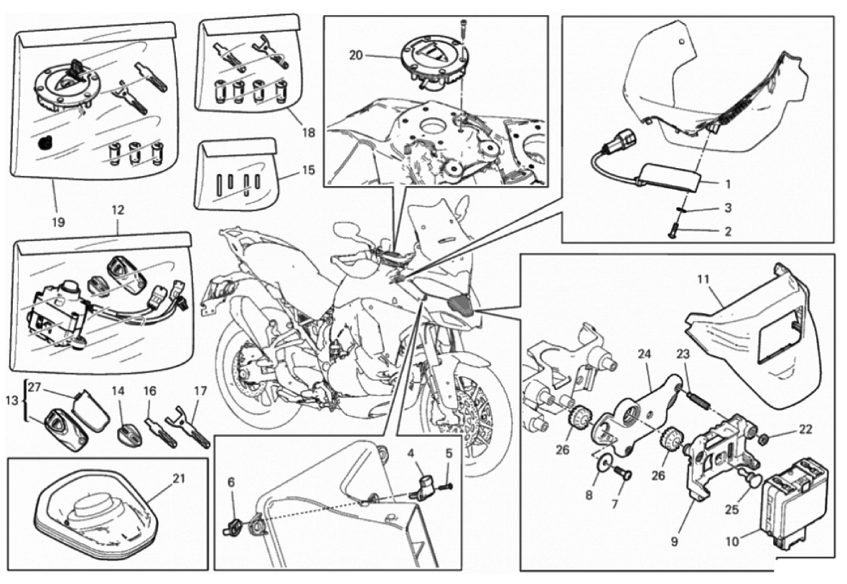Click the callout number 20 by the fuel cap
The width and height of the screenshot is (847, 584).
(x=355, y=55)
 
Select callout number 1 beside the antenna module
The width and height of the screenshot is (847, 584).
(x=728, y=184)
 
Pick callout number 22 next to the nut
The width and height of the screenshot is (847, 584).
(x=805, y=430)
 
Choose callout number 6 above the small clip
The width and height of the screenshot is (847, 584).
(x=231, y=482)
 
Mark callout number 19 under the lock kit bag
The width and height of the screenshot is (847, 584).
(x=58, y=222)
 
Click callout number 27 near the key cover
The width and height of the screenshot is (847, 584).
(x=34, y=387)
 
